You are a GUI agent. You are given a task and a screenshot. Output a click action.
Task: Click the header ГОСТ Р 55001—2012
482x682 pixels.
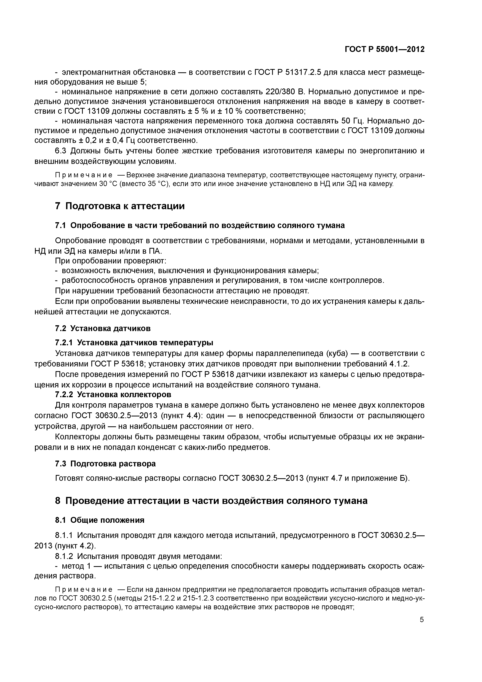[x=385, y=49]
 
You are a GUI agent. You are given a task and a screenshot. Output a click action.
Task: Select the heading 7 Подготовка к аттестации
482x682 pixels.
[x=120, y=206]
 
